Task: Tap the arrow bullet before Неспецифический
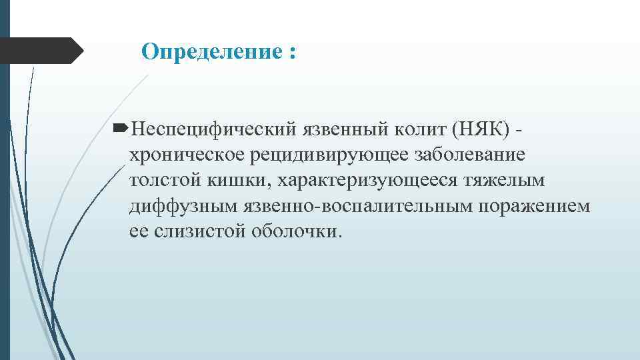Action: click(121, 127)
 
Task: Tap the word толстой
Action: click(160, 180)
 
